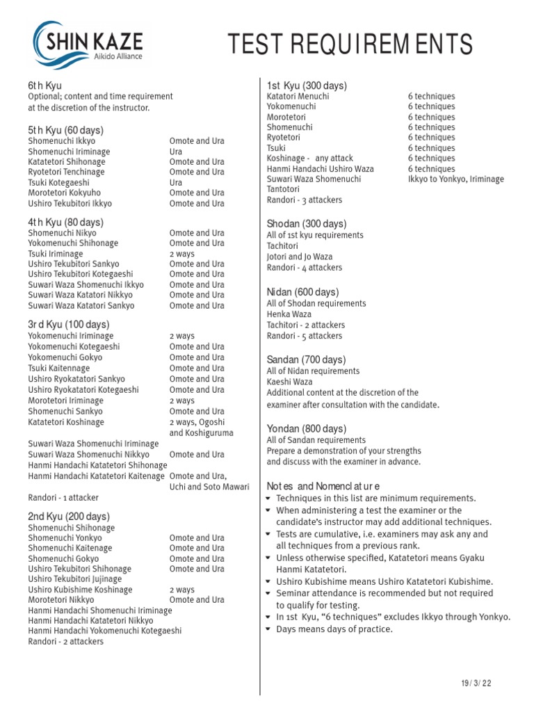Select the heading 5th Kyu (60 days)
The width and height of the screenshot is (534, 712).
click(x=65, y=130)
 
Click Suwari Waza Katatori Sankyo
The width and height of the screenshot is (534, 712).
click(x=81, y=305)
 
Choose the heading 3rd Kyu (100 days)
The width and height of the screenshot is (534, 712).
click(x=68, y=325)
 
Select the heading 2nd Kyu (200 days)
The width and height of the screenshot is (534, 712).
click(x=69, y=517)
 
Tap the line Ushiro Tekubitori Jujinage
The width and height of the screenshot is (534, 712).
click(x=75, y=579)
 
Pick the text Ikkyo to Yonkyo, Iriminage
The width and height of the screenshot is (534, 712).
click(x=456, y=179)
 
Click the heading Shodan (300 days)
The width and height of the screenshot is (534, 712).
click(x=306, y=224)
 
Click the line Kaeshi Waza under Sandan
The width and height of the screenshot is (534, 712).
click(x=290, y=382)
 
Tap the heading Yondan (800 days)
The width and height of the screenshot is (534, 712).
click(x=307, y=429)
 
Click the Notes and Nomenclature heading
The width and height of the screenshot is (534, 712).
click(x=323, y=485)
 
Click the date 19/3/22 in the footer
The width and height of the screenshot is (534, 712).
click(x=476, y=683)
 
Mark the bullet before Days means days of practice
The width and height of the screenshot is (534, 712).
click(x=270, y=629)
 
